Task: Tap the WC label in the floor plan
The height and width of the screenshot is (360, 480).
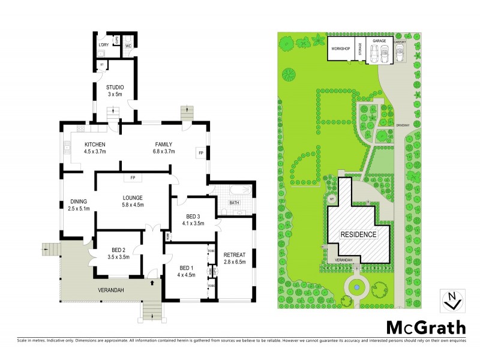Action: coord(128,46)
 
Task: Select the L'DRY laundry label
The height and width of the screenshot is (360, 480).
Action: coord(103,46)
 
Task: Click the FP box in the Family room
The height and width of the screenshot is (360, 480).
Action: coord(200,153)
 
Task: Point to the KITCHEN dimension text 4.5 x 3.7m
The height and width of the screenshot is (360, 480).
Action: coord(95,151)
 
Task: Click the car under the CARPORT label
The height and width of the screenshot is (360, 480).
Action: coord(400,55)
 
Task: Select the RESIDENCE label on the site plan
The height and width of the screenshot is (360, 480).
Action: coord(358,234)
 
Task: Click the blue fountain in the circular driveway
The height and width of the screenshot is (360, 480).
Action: coord(357,287)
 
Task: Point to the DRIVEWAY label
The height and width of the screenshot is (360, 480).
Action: coord(402,125)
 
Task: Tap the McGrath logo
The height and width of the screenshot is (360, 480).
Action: coord(425,328)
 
